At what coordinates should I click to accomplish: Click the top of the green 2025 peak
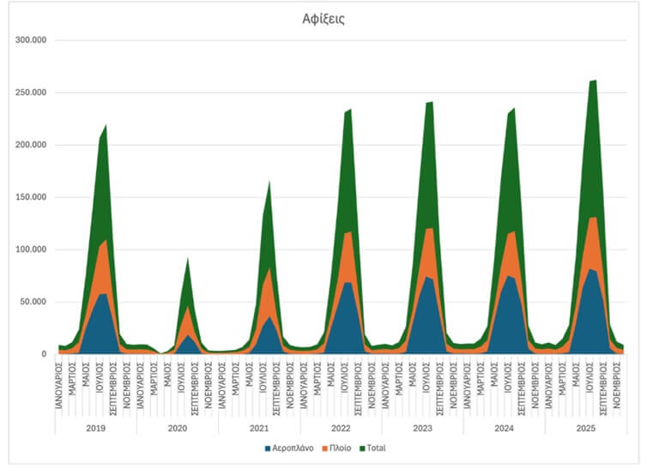click(x=594, y=81)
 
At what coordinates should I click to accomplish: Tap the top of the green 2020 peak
click(x=186, y=258)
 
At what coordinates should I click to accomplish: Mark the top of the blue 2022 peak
click(x=346, y=282)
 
